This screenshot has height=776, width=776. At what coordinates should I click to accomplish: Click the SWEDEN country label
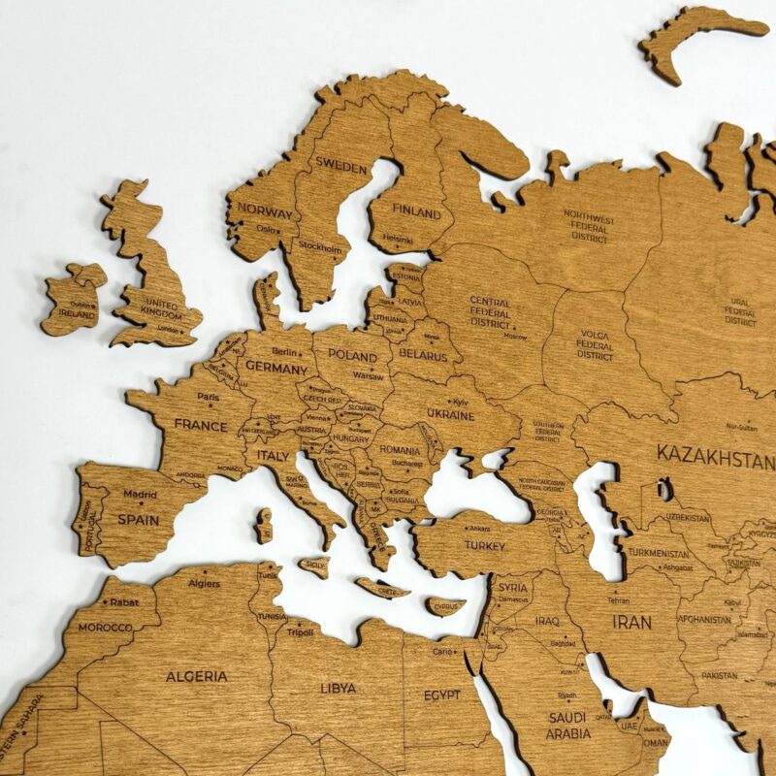(x=341, y=167)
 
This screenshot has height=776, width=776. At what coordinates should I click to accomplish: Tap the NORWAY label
(x=265, y=212)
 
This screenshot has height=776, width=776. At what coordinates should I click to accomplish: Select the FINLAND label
(x=416, y=211)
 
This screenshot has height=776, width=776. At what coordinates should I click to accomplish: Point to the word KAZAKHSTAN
(x=716, y=454)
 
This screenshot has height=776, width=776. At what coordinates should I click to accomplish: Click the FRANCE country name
(x=201, y=425)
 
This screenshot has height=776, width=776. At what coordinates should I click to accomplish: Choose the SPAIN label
(x=138, y=519)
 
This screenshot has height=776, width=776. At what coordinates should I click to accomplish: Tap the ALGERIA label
(x=197, y=676)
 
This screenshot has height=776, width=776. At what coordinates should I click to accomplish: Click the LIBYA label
(x=338, y=688)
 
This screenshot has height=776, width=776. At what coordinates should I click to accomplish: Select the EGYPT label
(x=442, y=695)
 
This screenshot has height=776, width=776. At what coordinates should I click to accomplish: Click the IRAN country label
(x=631, y=622)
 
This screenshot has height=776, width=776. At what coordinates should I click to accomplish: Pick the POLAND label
(x=352, y=355)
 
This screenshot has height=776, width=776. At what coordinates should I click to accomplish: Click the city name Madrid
(x=140, y=494)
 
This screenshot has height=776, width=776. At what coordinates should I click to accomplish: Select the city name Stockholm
(x=320, y=248)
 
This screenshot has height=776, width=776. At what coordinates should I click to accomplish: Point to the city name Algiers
(x=204, y=584)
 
